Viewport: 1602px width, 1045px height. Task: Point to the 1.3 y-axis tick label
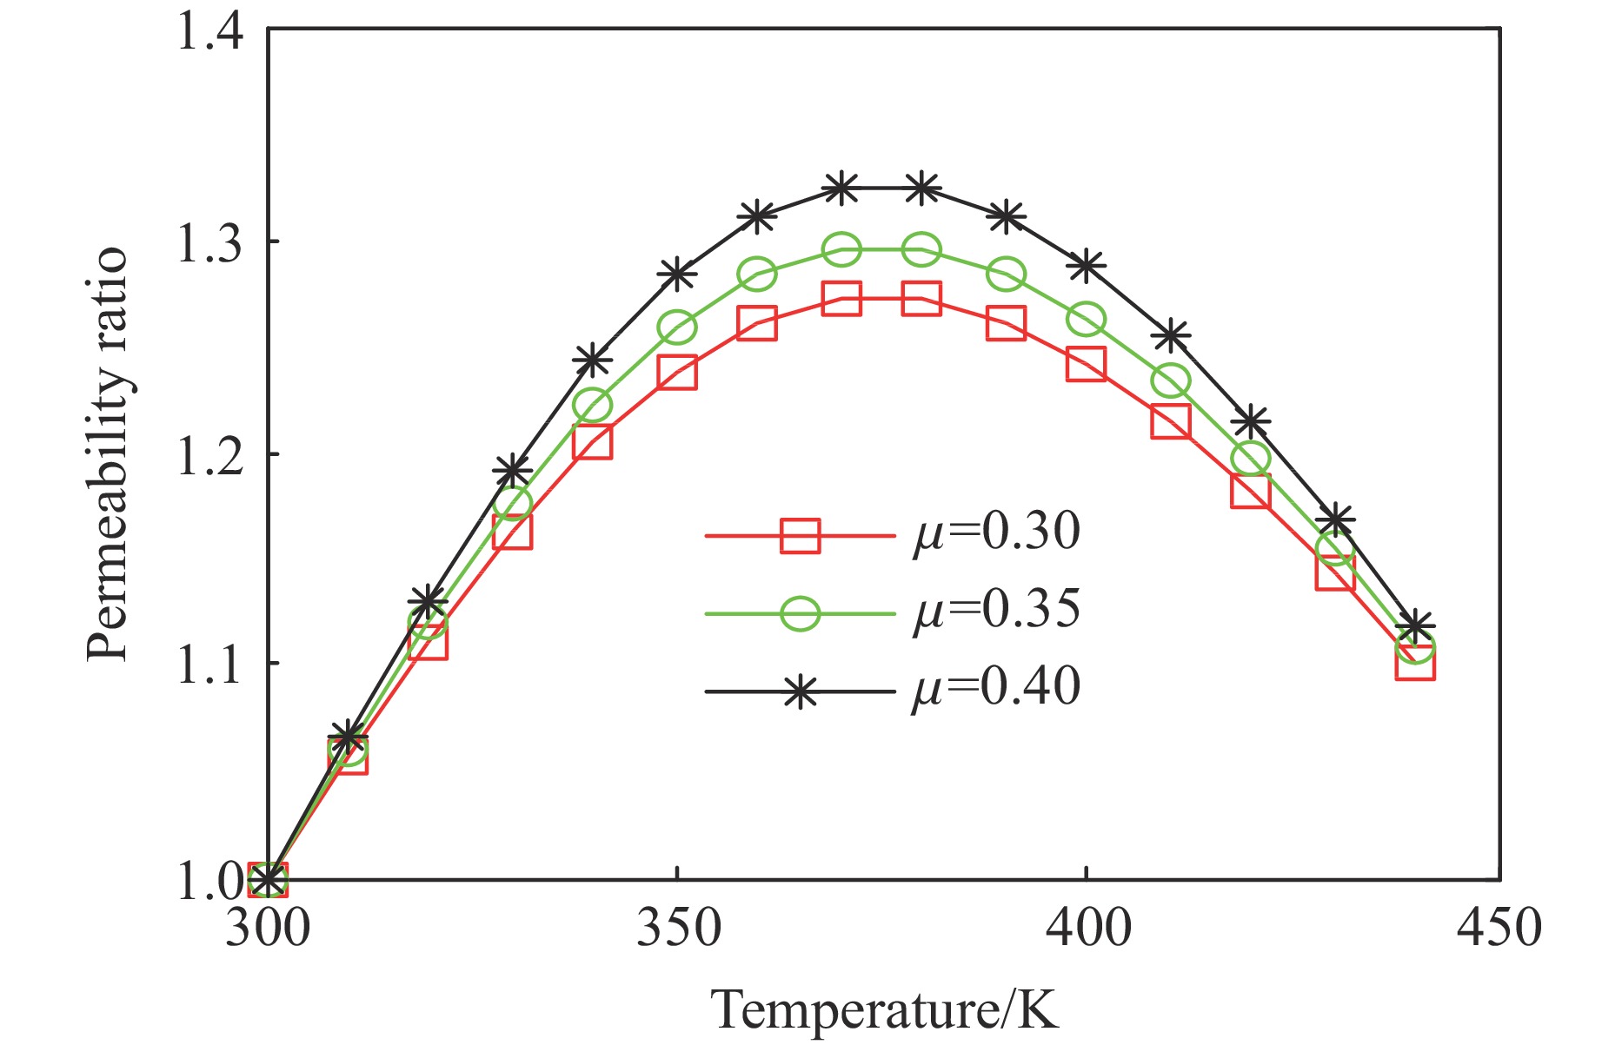210,244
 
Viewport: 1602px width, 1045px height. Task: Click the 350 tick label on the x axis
678,928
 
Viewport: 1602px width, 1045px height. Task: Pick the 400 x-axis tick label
1087,928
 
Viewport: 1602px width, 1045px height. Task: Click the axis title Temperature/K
885,1009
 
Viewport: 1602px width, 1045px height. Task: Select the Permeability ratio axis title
109,455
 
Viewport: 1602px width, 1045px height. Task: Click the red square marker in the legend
799,535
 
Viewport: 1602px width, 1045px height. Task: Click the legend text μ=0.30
996,532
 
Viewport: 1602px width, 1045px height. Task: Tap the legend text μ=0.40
996,688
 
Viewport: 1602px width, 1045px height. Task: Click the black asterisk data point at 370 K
841,188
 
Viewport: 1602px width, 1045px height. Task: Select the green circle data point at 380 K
921,250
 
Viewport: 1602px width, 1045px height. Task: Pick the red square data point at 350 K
677,373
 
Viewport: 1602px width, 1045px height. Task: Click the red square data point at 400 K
1087,363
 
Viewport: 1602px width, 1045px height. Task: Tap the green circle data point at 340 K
594,405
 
